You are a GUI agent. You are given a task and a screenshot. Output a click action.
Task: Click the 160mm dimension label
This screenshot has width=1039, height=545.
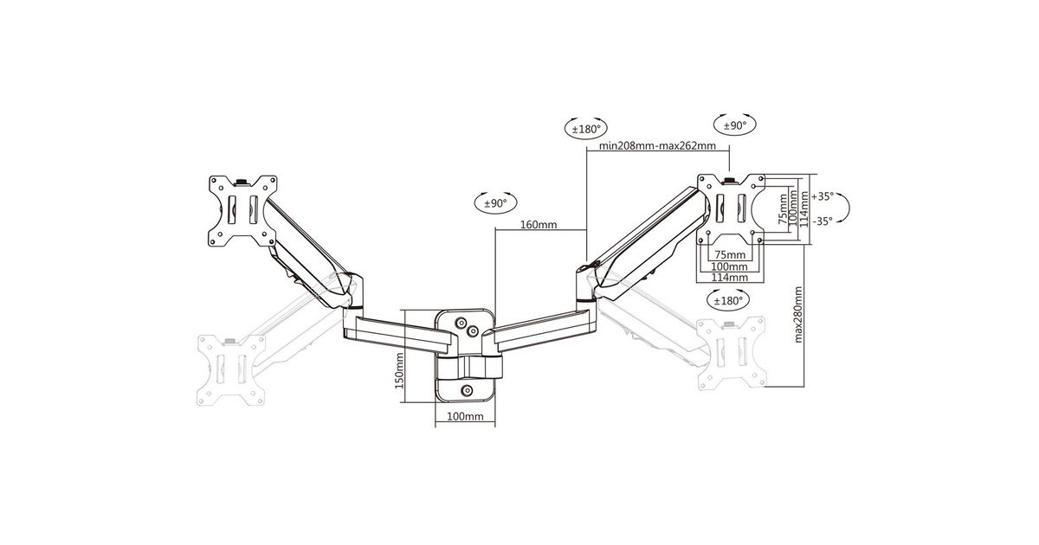(538, 225)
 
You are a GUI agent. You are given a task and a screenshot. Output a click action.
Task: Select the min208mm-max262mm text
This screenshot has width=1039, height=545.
(657, 145)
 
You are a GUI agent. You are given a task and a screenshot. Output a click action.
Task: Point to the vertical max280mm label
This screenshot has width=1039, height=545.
(798, 315)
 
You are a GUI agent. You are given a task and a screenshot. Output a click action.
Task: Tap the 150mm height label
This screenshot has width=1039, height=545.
(399, 371)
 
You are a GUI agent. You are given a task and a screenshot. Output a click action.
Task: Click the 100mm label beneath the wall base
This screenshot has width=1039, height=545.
(465, 416)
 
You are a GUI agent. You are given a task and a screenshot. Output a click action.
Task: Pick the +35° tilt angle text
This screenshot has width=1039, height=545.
(823, 196)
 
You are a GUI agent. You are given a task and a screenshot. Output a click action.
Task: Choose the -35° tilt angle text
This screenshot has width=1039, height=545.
(823, 221)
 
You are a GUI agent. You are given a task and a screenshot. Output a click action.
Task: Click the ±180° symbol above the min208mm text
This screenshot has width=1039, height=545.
(586, 128)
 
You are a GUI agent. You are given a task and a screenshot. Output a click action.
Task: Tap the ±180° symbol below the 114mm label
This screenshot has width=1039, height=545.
(728, 301)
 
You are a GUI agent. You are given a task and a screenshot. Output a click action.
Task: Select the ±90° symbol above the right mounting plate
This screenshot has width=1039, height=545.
(735, 125)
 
